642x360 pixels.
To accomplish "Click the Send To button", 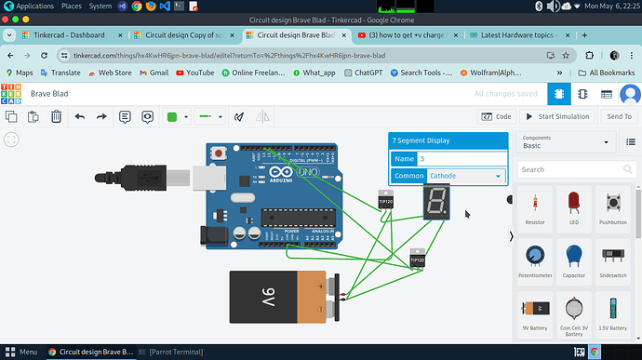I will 619,116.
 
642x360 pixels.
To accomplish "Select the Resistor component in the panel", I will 535,208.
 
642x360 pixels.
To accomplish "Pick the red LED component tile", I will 573,208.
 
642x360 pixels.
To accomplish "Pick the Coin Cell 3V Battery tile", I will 573,314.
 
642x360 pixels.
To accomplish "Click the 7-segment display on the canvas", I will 437,202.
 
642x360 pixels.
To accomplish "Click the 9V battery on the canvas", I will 279,296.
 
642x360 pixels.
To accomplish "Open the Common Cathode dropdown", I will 461,176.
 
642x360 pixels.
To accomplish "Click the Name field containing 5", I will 461,159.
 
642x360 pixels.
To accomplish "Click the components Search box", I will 565,170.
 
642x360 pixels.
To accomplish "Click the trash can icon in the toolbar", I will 56,116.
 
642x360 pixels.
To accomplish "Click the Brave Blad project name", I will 53,94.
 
